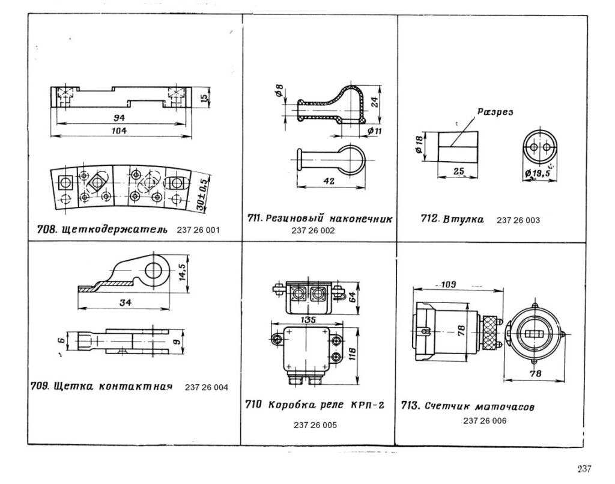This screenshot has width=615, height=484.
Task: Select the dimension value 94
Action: click(120, 118)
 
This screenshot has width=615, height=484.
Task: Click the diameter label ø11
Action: click(375, 130)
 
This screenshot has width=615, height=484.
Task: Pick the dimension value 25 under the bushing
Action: click(459, 171)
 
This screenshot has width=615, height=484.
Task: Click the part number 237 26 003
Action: click(519, 220)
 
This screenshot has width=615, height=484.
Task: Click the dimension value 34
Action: click(124, 302)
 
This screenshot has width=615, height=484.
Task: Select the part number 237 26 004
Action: click(207, 387)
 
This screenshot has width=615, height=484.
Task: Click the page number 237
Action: click(585, 469)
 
